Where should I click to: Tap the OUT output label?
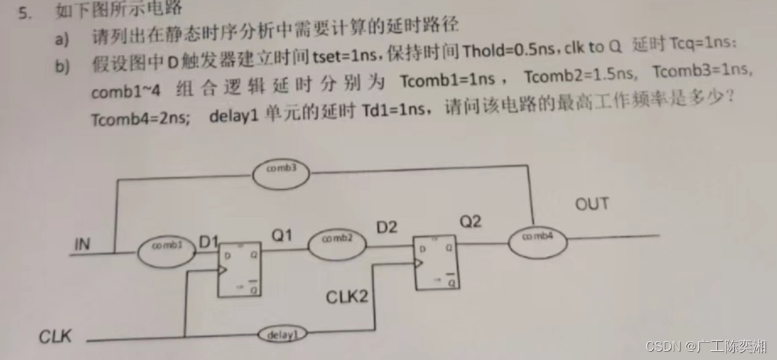(591, 205)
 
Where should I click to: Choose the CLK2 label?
(347, 297)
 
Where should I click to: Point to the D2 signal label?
(387, 227)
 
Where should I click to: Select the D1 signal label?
(208, 242)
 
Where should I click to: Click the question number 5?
(25, 13)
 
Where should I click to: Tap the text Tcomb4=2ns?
(141, 118)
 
